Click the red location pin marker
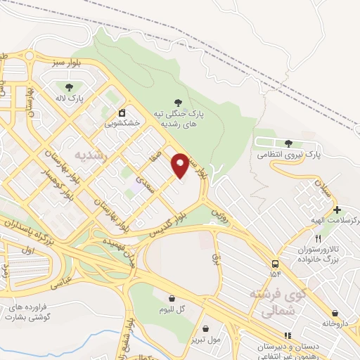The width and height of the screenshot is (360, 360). (x=181, y=165)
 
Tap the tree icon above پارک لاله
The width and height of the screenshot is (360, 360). (x=67, y=87)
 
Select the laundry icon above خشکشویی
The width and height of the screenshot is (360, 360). (x=122, y=111)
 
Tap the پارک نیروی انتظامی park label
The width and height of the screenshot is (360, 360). (x=288, y=153)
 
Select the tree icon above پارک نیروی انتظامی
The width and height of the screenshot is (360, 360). (x=289, y=143)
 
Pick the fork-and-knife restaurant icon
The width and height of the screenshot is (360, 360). (x=318, y=239)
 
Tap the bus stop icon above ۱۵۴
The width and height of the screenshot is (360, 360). (x=274, y=263)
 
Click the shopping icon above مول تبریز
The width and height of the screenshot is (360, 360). (x=205, y=328)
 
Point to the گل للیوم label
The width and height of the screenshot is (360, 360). (x=171, y=310)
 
